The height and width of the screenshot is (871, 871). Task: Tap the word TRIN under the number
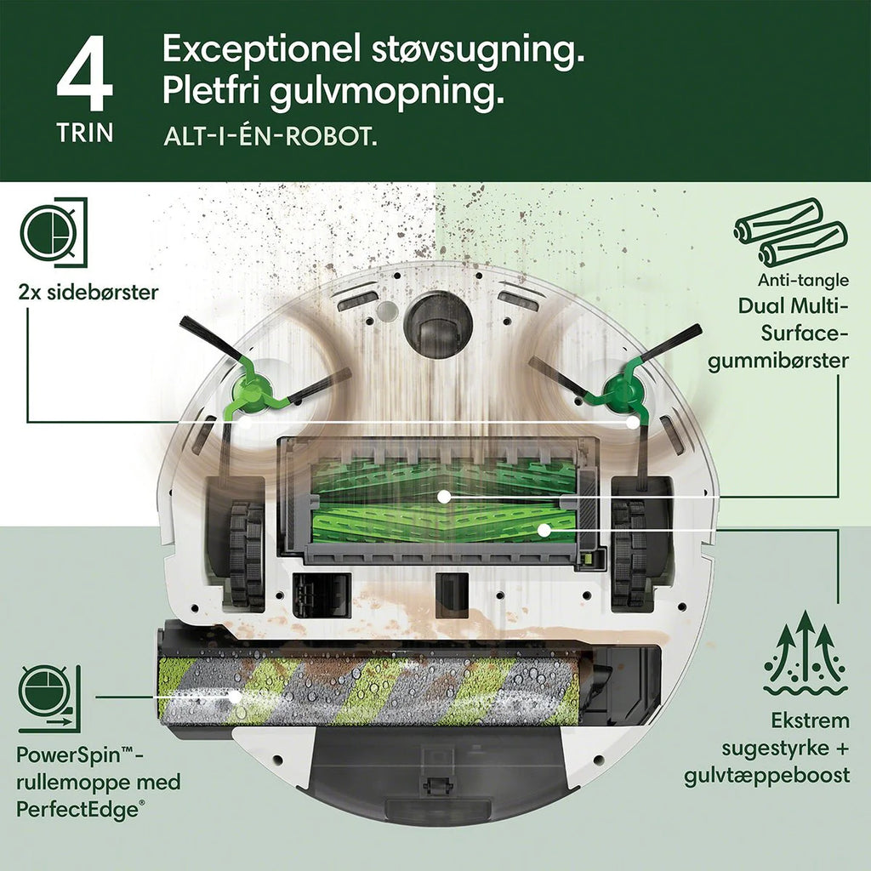click(x=85, y=133)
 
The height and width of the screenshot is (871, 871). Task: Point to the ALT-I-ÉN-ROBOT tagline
click(x=270, y=137)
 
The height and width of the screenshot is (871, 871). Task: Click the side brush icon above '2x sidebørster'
click(x=54, y=232)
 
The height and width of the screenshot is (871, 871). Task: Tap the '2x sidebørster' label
click(x=88, y=293)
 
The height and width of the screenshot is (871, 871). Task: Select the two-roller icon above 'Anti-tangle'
click(x=790, y=232)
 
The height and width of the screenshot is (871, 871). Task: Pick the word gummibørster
click(x=778, y=361)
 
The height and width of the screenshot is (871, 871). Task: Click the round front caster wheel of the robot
click(x=438, y=324)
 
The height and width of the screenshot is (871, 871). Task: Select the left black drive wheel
click(x=247, y=553)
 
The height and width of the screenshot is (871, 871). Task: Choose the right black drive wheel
click(x=629, y=553)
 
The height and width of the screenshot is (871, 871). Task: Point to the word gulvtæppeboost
click(x=766, y=776)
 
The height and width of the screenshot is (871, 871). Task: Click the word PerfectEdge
click(x=77, y=810)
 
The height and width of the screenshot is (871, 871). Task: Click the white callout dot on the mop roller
click(x=236, y=696)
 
